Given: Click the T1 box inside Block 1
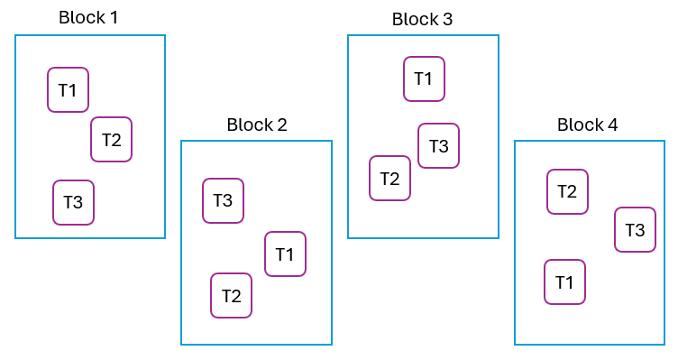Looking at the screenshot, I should tap(68, 89).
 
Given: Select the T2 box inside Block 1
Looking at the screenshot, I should tap(111, 139).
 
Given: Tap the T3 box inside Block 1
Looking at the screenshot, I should tap(73, 202).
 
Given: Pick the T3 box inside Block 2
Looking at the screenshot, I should tap(223, 200).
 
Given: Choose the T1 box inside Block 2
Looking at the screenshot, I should tap(285, 254).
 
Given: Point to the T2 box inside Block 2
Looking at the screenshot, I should tap(231, 295).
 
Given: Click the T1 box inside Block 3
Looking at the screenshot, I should tap(424, 78).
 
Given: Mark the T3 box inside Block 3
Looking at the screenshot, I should tap(438, 145).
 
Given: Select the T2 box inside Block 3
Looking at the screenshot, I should tap(389, 178).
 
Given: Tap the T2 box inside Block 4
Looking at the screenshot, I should tap(567, 191).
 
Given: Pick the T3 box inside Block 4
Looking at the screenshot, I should tap(635, 229).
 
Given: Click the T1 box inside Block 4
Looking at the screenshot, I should tap(564, 282).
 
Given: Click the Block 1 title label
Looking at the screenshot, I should tap(88, 17).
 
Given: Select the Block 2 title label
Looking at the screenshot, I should tap(257, 125).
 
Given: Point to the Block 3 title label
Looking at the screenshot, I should tap(422, 19).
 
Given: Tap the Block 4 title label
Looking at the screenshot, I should tap(588, 125).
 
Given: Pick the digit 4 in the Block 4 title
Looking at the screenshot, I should tap(613, 125).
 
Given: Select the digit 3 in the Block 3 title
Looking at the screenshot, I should tap(447, 19).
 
